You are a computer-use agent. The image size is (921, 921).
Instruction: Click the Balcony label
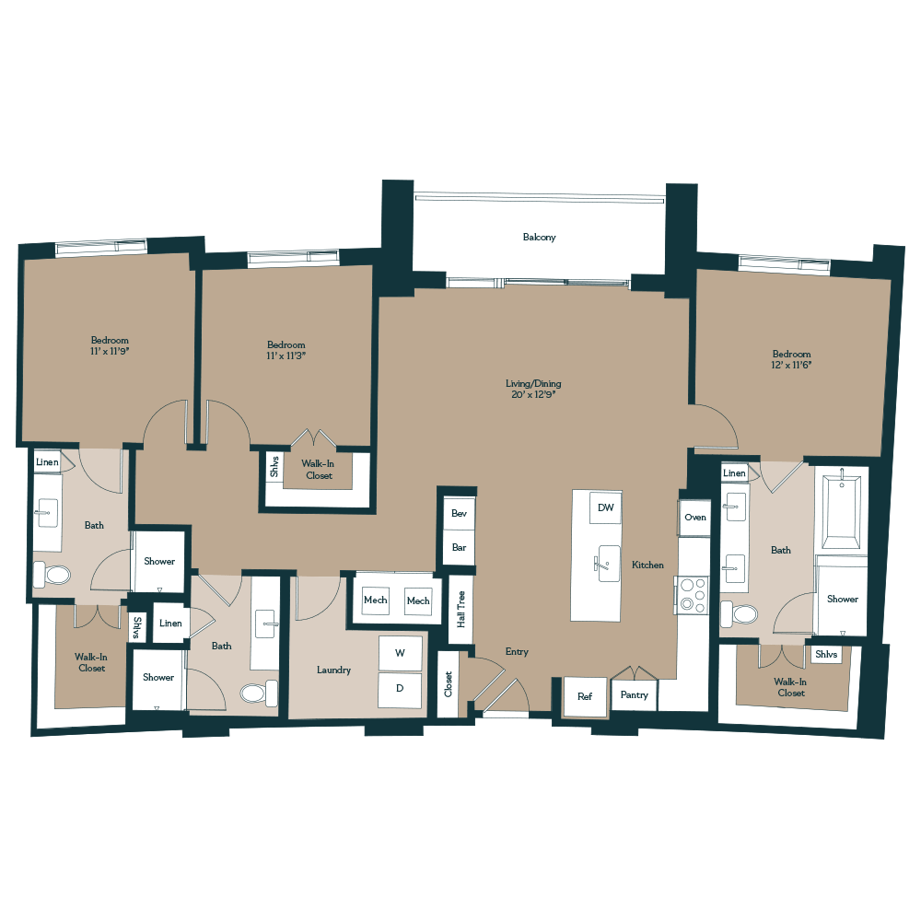pos(539,238)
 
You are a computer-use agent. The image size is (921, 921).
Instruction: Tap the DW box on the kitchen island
pos(605,507)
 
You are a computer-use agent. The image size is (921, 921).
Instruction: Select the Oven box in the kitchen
pos(695,518)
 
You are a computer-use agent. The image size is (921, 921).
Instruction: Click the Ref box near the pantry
pos(585,696)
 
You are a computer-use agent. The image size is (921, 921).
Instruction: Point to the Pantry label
pos(634,695)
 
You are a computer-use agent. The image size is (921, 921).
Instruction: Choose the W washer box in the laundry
pos(401,653)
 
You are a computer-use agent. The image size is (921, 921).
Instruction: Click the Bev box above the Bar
pos(458,513)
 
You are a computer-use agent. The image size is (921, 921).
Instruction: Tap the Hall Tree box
pos(460,609)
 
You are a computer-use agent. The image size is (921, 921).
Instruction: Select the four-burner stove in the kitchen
pos(690,594)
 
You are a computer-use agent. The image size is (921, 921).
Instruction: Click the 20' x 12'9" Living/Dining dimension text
pos(533,394)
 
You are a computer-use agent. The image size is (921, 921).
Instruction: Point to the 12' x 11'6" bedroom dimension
pos(791,365)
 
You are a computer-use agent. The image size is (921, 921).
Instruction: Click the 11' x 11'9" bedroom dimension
pos(110,351)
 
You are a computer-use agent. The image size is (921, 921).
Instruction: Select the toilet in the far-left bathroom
pos(52,576)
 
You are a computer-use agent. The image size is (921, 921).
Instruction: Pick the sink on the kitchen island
pos(609,563)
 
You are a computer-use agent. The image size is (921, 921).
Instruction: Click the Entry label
pos(517,652)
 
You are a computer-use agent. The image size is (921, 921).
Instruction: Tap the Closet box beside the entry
pos(448,684)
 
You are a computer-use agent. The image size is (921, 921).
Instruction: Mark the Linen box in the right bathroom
pos(734,473)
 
